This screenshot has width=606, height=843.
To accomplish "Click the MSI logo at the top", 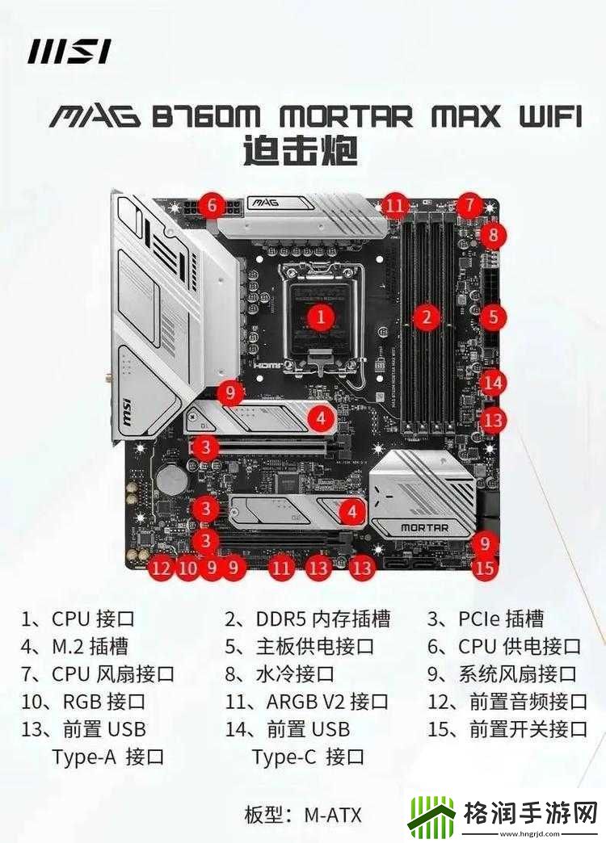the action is (x=69, y=52).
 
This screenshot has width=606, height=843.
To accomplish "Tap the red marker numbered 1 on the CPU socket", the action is (x=321, y=317).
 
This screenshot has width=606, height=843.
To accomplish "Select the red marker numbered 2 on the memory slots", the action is (x=427, y=317).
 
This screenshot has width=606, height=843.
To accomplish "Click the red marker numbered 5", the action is (x=493, y=317).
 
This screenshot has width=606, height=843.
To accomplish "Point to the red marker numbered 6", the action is (x=212, y=205).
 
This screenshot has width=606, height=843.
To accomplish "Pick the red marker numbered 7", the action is (x=469, y=204).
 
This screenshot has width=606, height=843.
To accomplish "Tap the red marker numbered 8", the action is (x=493, y=234).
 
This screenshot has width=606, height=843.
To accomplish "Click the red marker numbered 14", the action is (x=492, y=383).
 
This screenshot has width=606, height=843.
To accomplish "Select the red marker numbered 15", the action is (x=484, y=568).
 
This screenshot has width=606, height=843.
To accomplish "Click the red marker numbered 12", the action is (x=161, y=568).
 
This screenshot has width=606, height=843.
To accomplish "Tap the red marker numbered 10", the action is (x=187, y=568).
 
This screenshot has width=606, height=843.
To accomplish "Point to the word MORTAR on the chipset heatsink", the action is (x=424, y=527).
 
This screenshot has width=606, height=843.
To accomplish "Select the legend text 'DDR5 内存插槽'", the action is (x=323, y=619).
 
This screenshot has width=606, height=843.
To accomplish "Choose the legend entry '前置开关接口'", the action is (x=528, y=730).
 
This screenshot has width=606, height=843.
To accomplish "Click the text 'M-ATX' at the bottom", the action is (x=333, y=815).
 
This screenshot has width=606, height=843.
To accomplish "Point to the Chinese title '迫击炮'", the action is (x=301, y=150).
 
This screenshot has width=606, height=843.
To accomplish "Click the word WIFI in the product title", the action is (x=549, y=115).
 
